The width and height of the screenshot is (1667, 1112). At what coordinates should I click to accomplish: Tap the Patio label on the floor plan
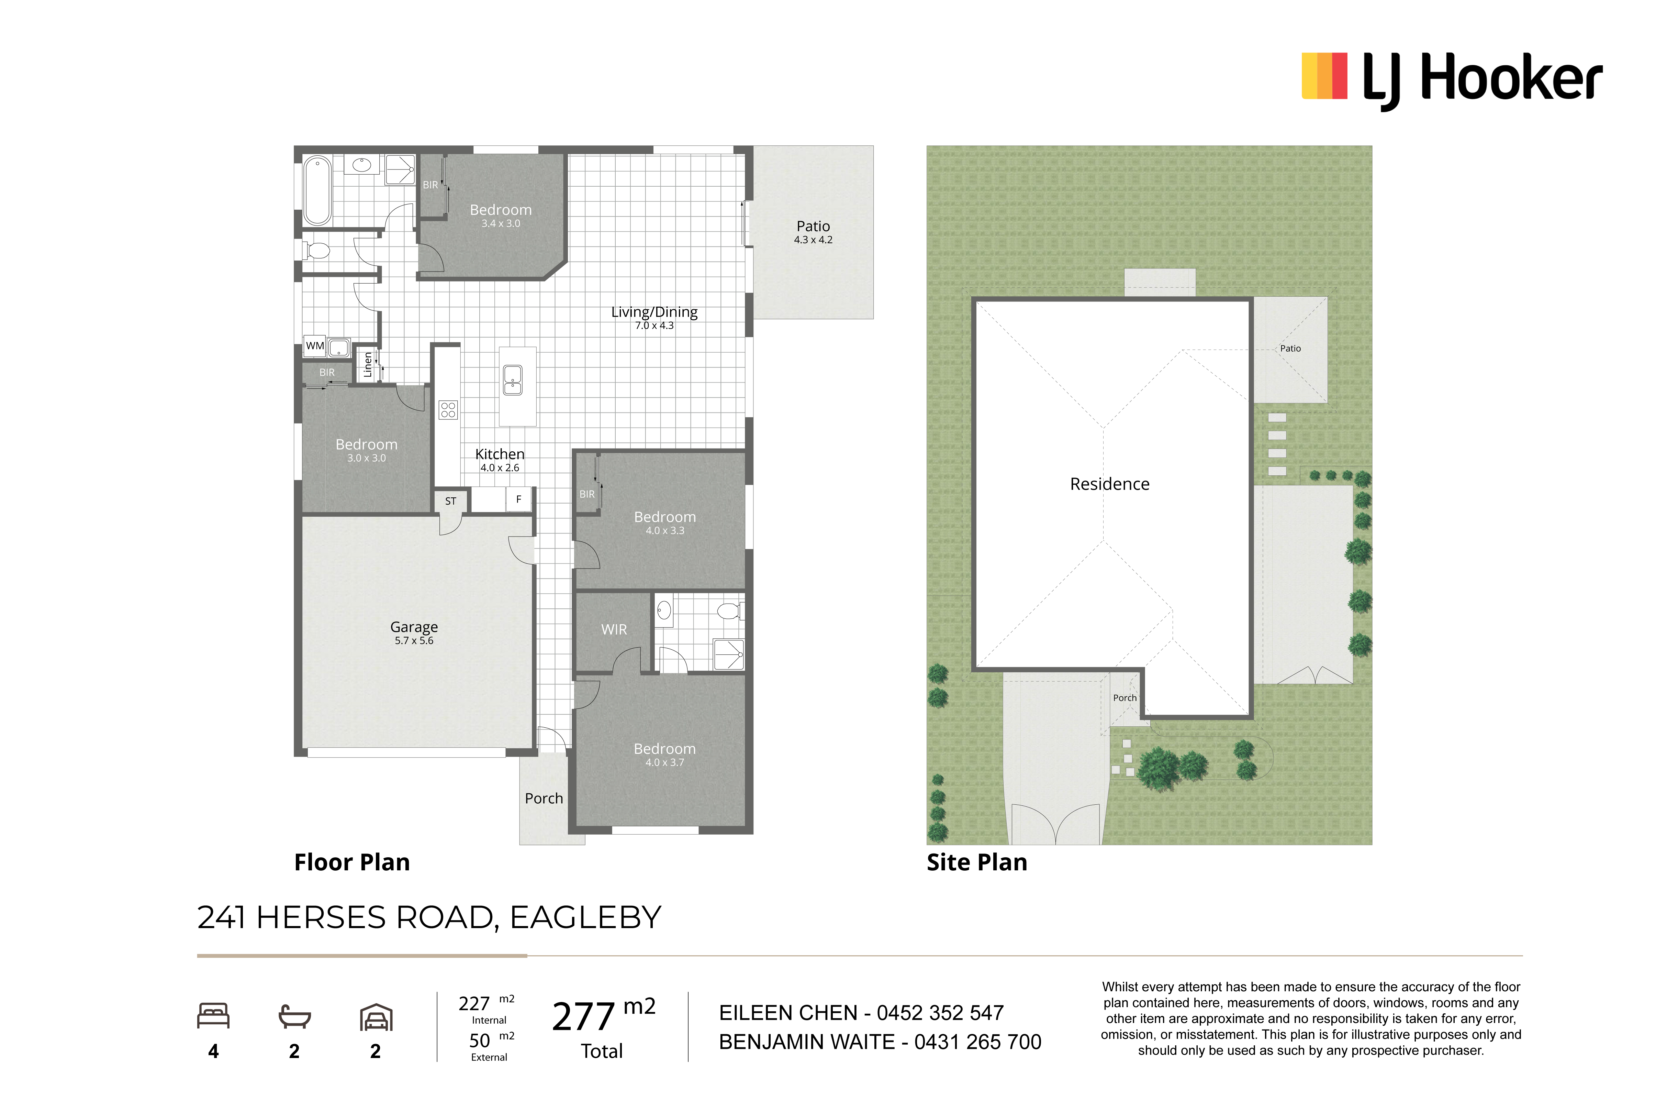[x=813, y=226]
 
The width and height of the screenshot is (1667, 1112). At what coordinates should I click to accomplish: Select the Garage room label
[x=414, y=627]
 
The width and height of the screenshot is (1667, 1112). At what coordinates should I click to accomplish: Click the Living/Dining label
[x=654, y=312]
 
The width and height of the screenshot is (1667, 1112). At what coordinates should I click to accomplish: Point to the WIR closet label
[x=614, y=630]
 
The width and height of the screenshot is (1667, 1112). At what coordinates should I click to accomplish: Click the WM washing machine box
[x=315, y=346]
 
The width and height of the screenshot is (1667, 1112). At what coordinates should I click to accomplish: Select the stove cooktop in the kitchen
[x=448, y=410]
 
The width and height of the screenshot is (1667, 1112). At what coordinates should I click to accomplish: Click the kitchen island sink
[x=512, y=380]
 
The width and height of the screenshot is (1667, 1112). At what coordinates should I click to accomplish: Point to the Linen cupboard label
[x=367, y=365]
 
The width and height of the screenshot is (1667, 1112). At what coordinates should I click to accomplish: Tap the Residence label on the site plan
[x=1110, y=484]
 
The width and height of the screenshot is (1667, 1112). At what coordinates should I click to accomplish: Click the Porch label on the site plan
[x=1125, y=698]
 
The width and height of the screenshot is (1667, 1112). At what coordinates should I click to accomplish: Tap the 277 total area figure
[x=583, y=1017]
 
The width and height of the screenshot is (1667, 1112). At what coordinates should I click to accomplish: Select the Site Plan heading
[x=977, y=862]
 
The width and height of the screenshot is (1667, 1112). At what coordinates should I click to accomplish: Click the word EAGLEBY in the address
[x=585, y=918]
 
